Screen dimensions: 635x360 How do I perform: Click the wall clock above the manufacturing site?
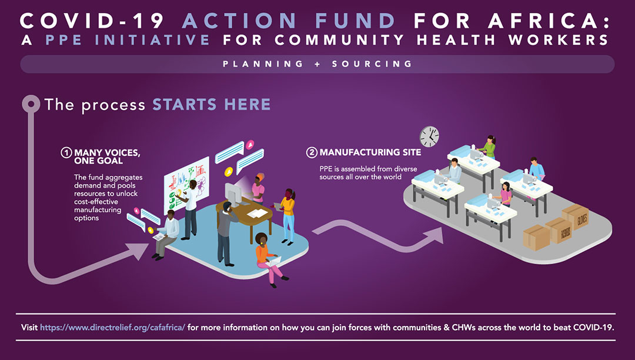point(429,136)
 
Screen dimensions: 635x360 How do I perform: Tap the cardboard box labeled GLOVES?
point(576,216)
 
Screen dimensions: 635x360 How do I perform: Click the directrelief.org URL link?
point(112,327)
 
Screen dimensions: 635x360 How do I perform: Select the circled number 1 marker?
point(66,153)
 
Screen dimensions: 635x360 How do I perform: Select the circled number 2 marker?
point(312,152)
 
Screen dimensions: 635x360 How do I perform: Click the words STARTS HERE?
point(212,105)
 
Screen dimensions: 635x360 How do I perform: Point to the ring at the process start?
point(31,104)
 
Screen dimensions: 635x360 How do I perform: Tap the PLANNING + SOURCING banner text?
point(317,64)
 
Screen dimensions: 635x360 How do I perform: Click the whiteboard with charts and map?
point(186,184)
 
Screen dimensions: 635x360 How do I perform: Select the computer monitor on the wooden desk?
point(232,194)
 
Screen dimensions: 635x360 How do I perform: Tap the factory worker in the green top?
point(489,147)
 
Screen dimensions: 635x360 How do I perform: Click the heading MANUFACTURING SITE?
point(370,152)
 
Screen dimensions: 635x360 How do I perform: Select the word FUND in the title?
point(355,21)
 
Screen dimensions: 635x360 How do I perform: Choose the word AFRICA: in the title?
point(549,21)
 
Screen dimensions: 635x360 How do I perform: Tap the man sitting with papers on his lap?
point(165,234)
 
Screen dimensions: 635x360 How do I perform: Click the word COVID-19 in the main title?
point(92,21)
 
